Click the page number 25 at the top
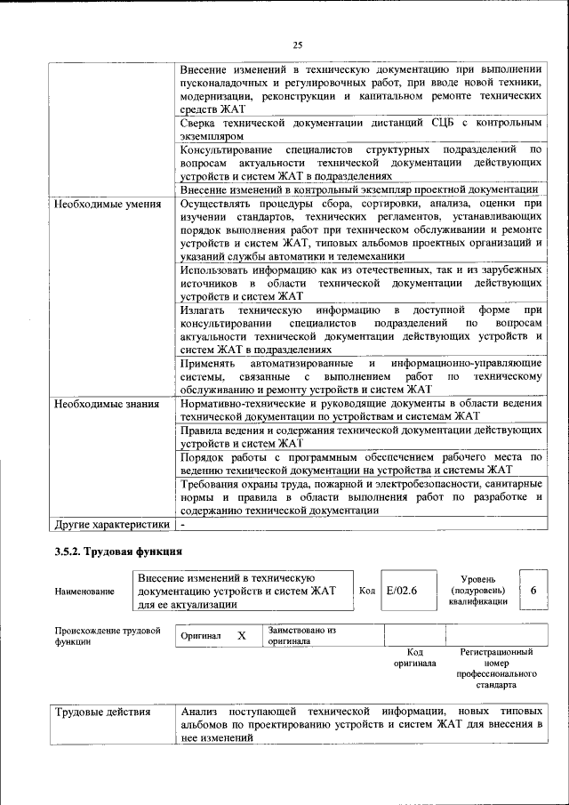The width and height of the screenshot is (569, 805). pyautogui.click(x=298, y=45)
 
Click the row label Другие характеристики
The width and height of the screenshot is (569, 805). pyautogui.click(x=111, y=525)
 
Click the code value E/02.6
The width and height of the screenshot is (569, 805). pyautogui.click(x=402, y=591)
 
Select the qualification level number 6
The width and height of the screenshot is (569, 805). pyautogui.click(x=533, y=591)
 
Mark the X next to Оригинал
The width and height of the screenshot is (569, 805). pyautogui.click(x=241, y=637)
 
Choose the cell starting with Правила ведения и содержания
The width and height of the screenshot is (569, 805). pyautogui.click(x=360, y=437)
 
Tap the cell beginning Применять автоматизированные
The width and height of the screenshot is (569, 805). pyautogui.click(x=360, y=376)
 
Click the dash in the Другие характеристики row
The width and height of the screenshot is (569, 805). pyautogui.click(x=182, y=525)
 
